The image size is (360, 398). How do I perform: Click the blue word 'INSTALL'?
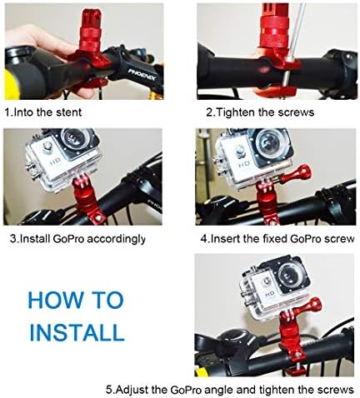(77, 332)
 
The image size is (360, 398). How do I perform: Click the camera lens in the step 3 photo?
(73, 138)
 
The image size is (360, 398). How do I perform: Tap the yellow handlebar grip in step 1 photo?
(11, 84)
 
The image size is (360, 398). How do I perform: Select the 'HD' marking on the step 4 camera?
(245, 164)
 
